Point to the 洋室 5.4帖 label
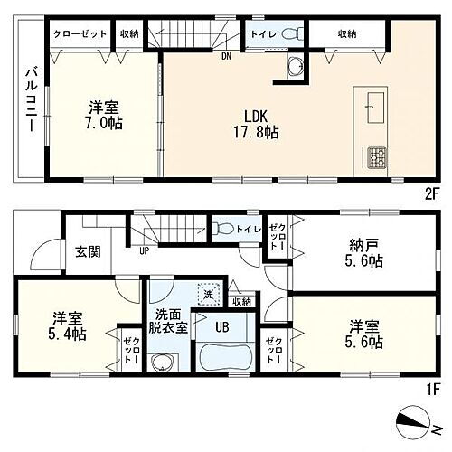pyautogui.click(x=69, y=326)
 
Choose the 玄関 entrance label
pyautogui.click(x=86, y=252)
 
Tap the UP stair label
pyautogui.click(x=143, y=250)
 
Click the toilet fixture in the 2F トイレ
pyautogui.click(x=288, y=34)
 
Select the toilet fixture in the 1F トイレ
pyautogui.click(x=225, y=230)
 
